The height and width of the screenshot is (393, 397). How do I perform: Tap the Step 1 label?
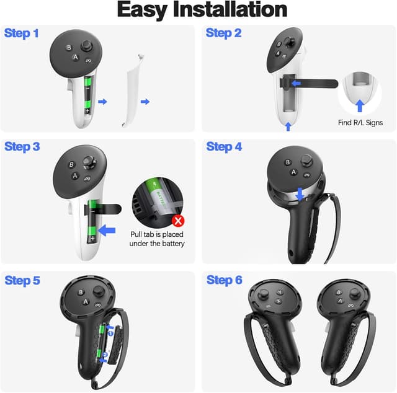click(22, 33)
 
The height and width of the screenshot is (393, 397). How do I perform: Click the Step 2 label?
click(223, 33)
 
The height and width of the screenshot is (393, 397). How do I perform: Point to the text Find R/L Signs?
click(361, 123)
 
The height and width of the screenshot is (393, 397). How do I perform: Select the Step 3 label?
click(22, 146)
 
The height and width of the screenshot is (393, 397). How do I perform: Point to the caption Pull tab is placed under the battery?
click(157, 239)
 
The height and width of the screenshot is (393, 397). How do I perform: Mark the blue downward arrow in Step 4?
click(300, 195)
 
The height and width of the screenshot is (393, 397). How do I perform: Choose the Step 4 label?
click(224, 146)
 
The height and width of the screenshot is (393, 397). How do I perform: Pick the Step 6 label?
click(224, 280)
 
